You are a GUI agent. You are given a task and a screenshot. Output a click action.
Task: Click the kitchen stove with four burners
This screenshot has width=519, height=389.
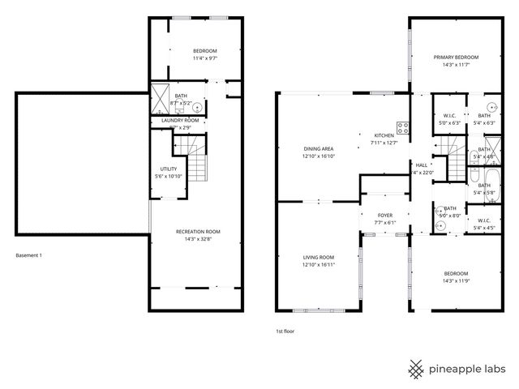pos(403,126)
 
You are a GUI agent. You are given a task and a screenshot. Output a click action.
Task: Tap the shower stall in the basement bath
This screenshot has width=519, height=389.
pos(160,96)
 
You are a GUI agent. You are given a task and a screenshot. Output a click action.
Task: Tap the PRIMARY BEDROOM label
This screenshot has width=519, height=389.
pos(456,57)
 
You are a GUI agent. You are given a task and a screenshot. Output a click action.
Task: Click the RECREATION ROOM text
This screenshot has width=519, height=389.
pos(198,232)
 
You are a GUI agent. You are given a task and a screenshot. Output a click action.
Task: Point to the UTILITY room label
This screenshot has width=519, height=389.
pos(167,169)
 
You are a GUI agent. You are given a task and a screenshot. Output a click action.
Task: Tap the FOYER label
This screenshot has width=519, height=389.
pos(385,215)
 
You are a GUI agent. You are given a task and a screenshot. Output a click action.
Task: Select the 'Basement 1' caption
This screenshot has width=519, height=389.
pos(29,255)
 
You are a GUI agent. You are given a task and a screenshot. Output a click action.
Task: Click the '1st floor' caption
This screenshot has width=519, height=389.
pos(285,331)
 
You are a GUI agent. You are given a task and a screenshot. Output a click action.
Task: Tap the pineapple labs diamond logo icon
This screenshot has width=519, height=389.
pos(417,369)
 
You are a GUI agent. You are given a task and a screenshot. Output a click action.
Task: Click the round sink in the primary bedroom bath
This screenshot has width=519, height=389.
pos(491,107)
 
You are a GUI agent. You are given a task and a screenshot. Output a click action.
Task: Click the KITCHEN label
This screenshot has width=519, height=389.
pos(384,135)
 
